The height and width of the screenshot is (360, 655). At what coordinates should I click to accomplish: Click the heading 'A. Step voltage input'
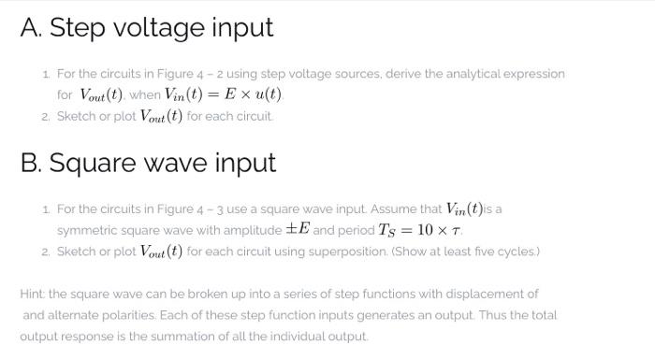click(147, 27)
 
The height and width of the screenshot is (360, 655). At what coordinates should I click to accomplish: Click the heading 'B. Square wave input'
click(149, 163)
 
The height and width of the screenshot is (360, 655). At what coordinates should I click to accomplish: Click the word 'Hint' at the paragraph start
click(33, 294)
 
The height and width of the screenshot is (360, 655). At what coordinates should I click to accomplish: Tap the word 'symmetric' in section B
click(87, 230)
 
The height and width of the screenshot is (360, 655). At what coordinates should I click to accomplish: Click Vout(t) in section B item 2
click(167, 252)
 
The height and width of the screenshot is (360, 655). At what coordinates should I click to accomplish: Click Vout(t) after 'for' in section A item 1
click(103, 94)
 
